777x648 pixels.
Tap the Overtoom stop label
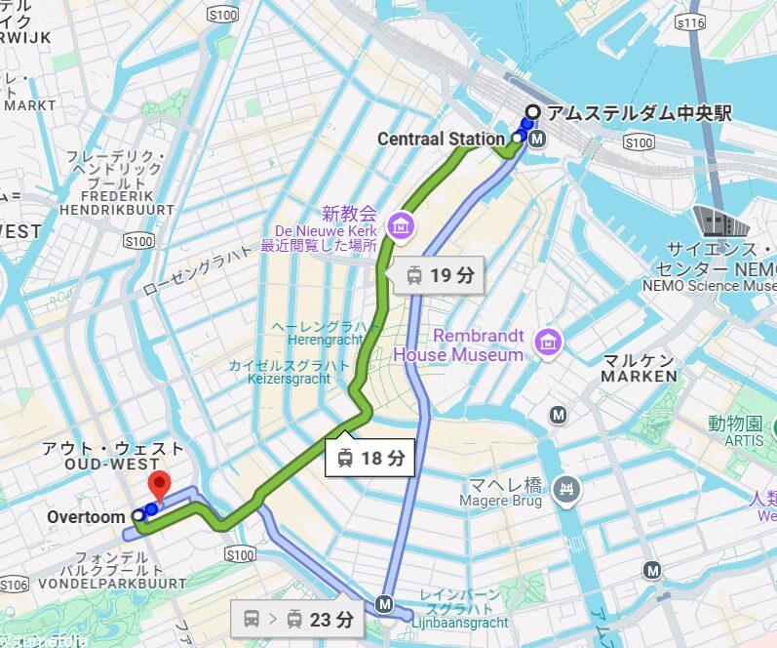tap(86, 515)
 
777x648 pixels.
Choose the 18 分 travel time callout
tap(369, 456)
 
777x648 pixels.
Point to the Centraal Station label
tap(440, 140)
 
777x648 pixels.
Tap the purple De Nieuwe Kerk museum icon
tap(399, 225)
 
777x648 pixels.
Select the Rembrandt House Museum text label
tap(464, 345)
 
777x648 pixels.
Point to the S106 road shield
tap(14, 585)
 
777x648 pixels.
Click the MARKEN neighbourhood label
tap(639, 376)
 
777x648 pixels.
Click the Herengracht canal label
tap(325, 340)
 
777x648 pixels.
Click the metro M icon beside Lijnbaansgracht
tap(384, 605)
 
